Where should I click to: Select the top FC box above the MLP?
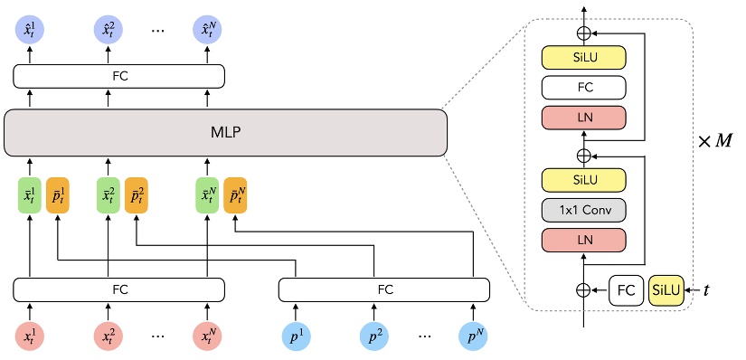(x=119, y=76)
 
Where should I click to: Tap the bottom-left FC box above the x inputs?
(x=119, y=289)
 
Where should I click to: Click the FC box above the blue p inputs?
(x=384, y=289)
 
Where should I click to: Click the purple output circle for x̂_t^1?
(x=30, y=32)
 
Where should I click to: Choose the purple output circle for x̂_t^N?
(x=208, y=32)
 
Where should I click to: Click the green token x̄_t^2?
(x=109, y=194)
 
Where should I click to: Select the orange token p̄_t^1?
(x=57, y=194)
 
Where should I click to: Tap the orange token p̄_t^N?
(x=235, y=194)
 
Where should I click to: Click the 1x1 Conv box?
(x=583, y=210)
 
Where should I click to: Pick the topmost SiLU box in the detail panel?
(x=583, y=58)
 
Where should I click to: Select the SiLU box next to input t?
(x=667, y=290)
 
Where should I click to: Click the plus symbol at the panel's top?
(x=583, y=33)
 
